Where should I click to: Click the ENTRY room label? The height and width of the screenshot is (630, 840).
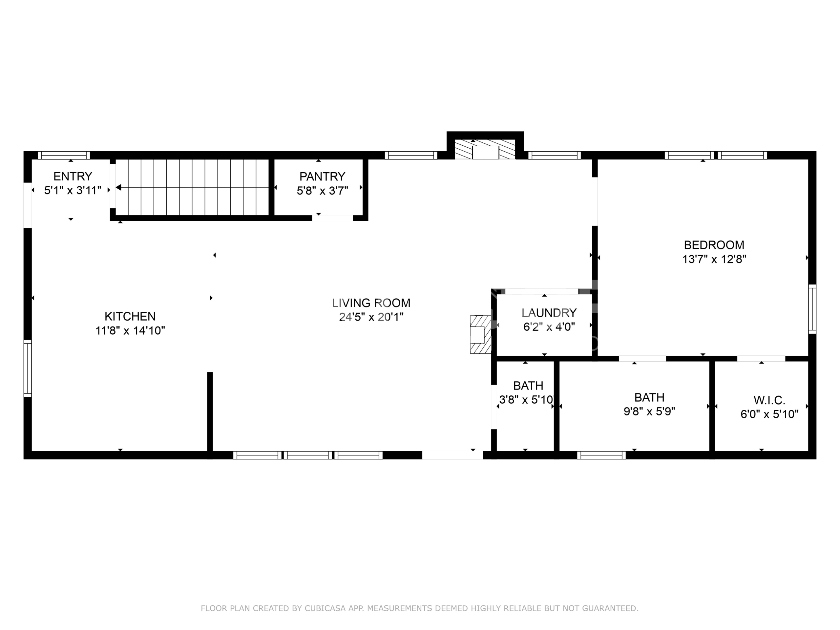[x=73, y=176]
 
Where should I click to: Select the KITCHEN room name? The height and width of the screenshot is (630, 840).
[x=130, y=316]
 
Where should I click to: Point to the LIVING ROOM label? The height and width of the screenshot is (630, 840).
[x=371, y=303]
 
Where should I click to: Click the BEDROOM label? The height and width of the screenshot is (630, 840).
[x=714, y=245]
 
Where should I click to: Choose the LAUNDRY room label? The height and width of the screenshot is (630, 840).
[x=549, y=313]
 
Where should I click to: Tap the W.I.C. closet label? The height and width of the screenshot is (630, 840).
[x=769, y=400]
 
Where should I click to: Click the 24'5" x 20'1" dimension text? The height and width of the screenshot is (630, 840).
[x=371, y=317]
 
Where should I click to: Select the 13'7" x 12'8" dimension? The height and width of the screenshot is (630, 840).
[x=714, y=259]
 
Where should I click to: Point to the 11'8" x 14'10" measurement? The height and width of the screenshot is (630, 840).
[x=130, y=330]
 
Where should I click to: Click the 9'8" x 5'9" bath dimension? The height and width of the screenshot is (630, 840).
[x=649, y=411]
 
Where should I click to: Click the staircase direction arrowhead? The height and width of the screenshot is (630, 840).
[x=118, y=187]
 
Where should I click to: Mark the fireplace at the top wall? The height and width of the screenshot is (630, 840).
[x=485, y=149]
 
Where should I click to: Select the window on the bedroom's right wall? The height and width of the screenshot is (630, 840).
[x=812, y=309]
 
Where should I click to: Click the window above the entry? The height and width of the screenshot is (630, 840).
[x=64, y=155]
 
